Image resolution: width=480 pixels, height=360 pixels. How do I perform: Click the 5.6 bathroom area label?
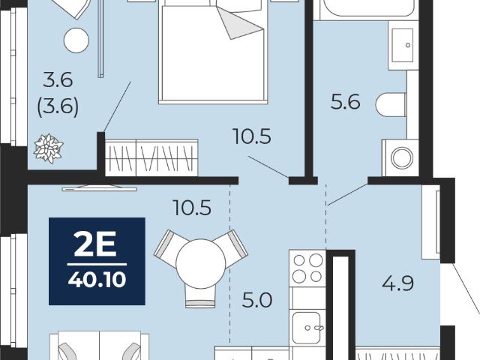pyautogui.click(x=345, y=102)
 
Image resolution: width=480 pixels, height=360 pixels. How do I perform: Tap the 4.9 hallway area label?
pyautogui.click(x=398, y=283)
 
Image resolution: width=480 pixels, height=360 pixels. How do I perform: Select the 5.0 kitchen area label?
pyautogui.click(x=256, y=300)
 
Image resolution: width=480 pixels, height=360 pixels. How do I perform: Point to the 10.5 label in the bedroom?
pyautogui.click(x=252, y=136)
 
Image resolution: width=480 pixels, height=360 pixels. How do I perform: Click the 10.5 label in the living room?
pyautogui.click(x=192, y=208)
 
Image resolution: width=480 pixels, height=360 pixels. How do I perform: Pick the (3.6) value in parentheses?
pyautogui.click(x=58, y=106)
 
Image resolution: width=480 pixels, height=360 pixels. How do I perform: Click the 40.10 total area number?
pyautogui.click(x=97, y=280)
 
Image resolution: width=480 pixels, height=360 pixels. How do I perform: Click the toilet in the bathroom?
pyautogui.click(x=391, y=105)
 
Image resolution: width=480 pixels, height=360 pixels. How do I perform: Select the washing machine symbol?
pyautogui.click(x=400, y=158)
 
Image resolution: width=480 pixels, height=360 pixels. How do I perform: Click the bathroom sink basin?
pyautogui.click(x=403, y=45)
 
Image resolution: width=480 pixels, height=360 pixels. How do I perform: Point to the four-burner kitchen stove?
pyautogui.click(x=307, y=268)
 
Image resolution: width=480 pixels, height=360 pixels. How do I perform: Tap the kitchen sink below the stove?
pyautogui.click(x=307, y=328)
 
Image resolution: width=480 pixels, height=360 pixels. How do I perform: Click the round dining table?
pyautogui.click(x=201, y=263)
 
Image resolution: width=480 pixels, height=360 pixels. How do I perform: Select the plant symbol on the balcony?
pyautogui.click(x=48, y=148)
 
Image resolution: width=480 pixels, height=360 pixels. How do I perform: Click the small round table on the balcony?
pyautogui.click(x=76, y=40)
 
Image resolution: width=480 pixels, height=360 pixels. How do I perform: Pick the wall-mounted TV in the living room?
pyautogui.click(x=100, y=188)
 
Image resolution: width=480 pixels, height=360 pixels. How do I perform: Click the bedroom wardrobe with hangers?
pyautogui.click(x=151, y=157)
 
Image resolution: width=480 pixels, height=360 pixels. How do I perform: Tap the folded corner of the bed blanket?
pyautogui.click(x=241, y=23)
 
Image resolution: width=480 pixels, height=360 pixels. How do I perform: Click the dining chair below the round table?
pyautogui.click(x=200, y=296)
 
